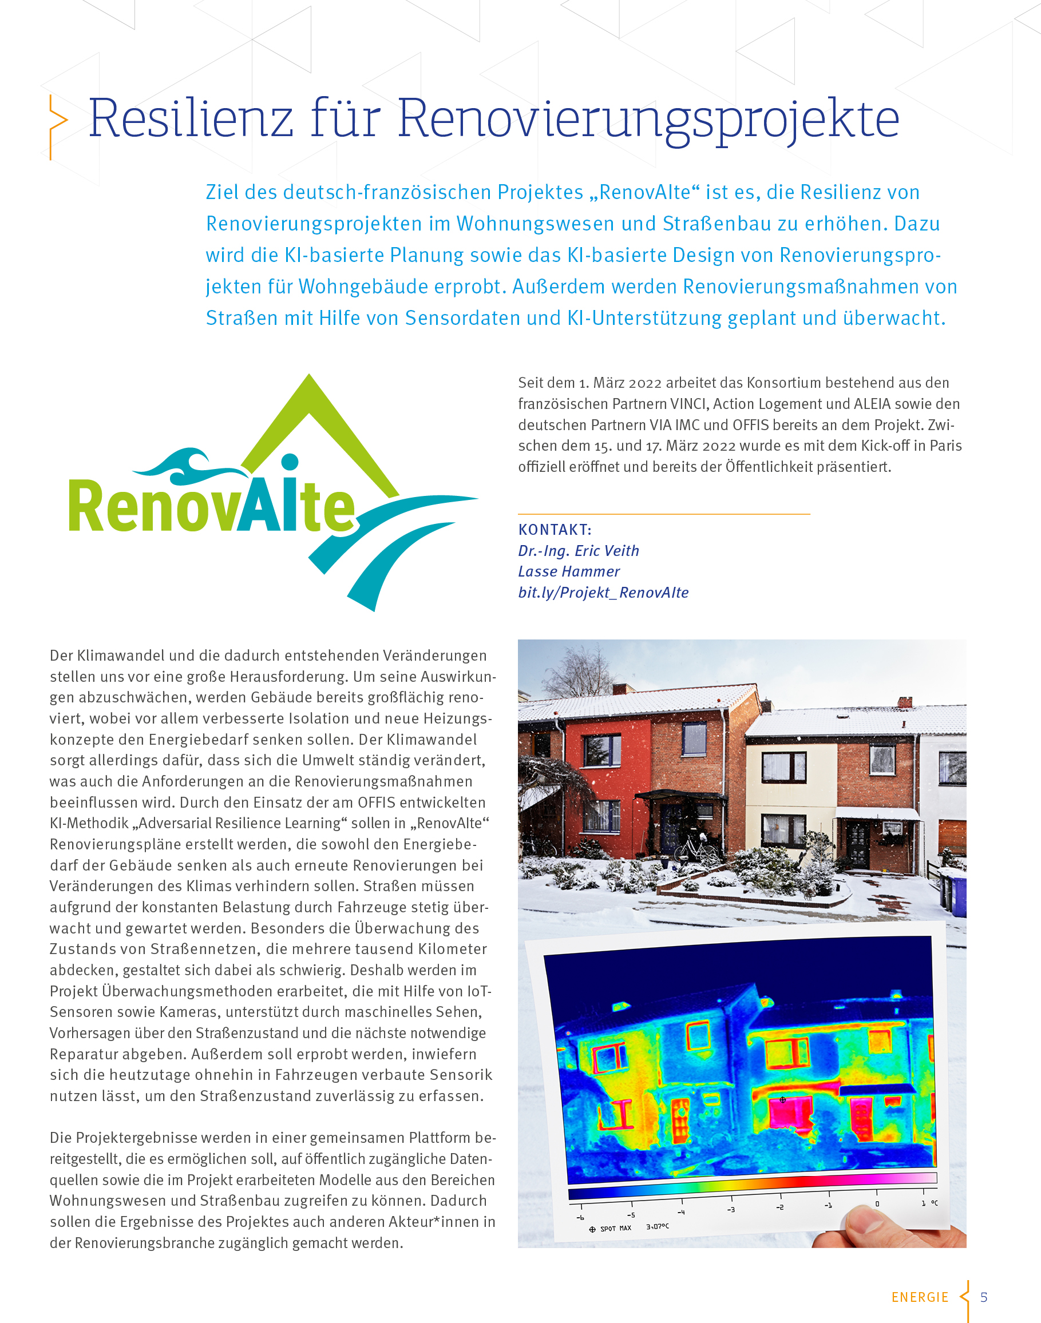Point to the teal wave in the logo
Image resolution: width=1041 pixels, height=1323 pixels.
[186, 466]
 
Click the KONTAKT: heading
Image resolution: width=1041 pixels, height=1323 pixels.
[555, 529]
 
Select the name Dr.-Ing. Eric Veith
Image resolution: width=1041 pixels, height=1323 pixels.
[579, 551]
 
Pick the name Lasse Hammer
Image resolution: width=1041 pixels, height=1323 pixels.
[569, 571]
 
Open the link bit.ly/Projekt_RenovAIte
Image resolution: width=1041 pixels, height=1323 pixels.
[603, 593]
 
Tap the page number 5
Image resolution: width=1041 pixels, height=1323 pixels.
[983, 1297]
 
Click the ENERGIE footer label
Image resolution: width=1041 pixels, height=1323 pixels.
[920, 1297]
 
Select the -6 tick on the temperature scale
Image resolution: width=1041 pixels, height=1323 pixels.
[580, 1217]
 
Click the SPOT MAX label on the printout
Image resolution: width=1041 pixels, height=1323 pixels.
[615, 1229]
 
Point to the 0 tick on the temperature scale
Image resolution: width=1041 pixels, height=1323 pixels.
[877, 1203]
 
